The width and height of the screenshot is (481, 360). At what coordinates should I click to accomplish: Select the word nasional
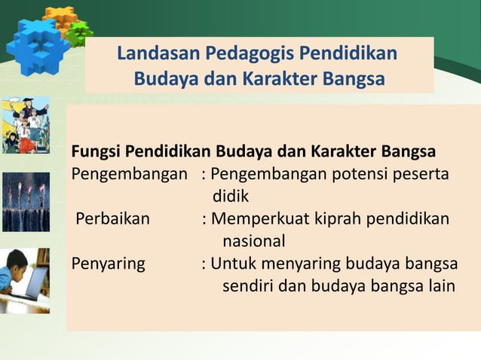pos(253,242)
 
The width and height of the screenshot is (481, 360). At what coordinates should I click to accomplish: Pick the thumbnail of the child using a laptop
pos(26,280)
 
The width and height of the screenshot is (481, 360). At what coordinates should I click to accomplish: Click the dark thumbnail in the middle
pos(26,202)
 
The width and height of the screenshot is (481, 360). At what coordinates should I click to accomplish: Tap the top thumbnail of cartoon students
pos(26,125)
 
